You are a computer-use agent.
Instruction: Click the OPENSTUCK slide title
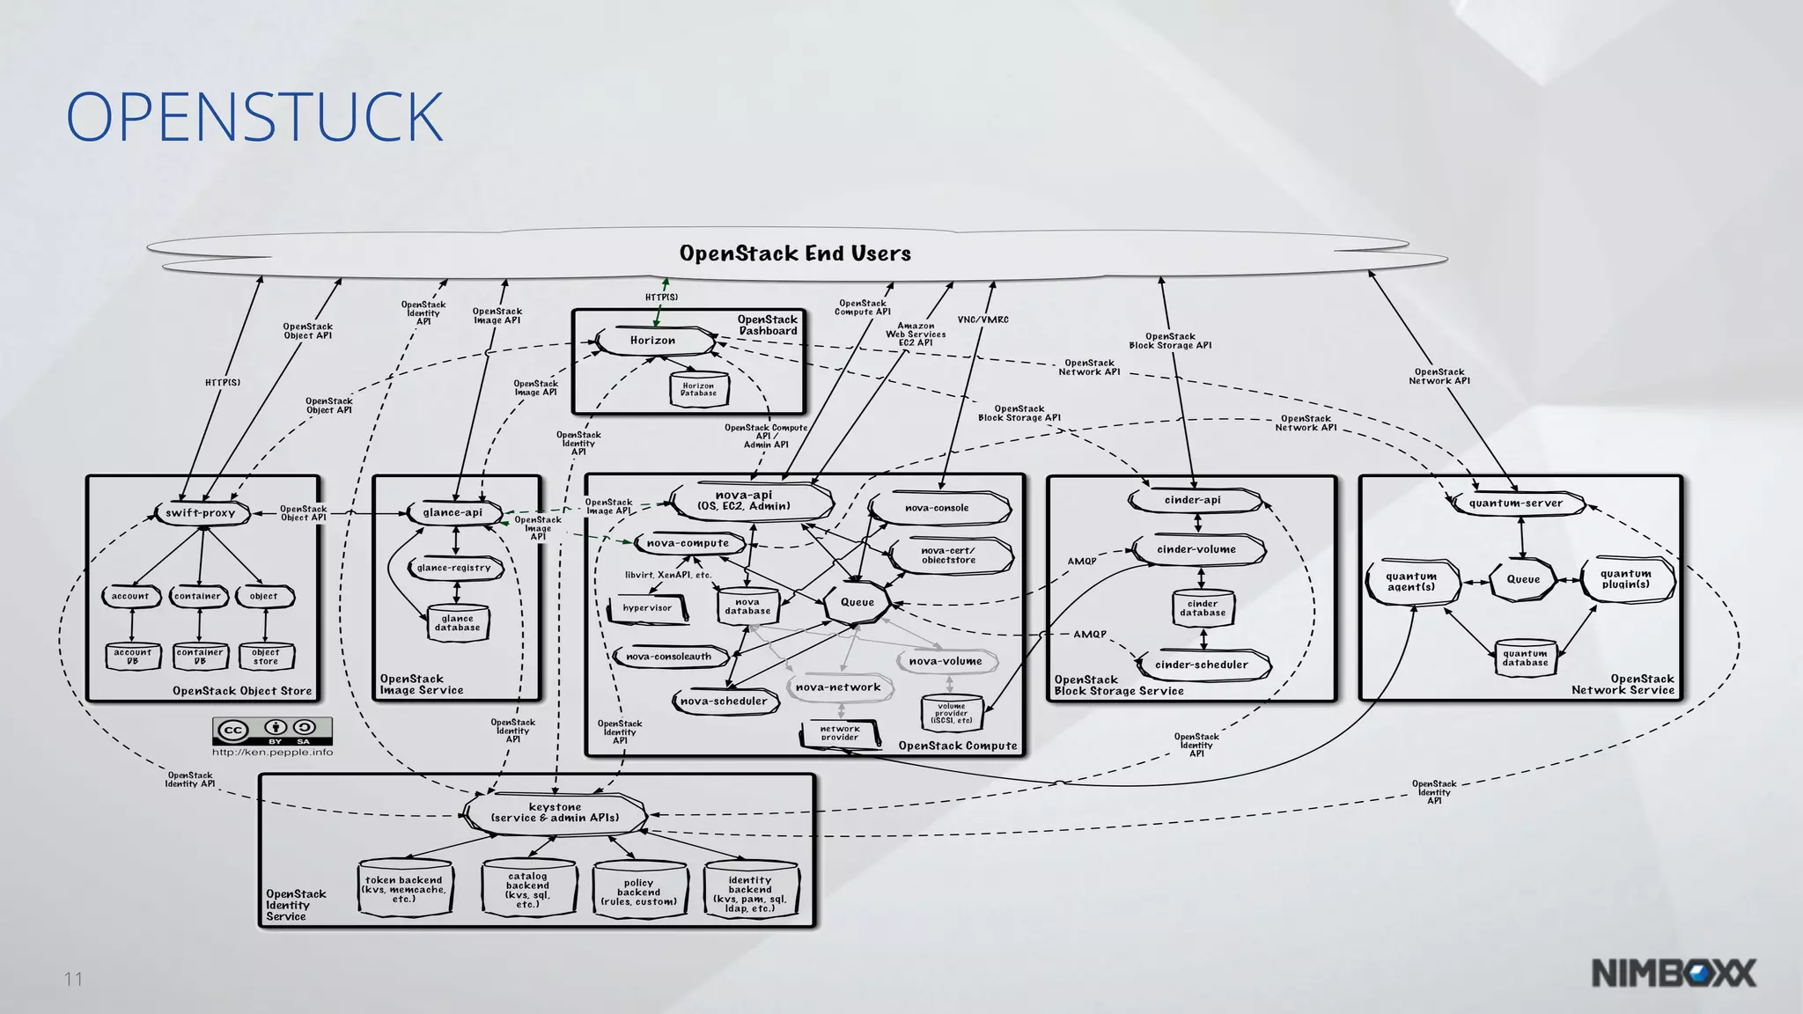pos(254,117)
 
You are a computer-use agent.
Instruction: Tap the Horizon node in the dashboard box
pos(653,341)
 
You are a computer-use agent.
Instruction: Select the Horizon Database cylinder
pos(698,389)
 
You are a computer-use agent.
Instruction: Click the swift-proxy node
pos(201,513)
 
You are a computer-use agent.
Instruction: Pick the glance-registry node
pos(454,568)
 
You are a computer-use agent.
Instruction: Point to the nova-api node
pos(745,501)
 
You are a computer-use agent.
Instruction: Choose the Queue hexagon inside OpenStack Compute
pos(857,602)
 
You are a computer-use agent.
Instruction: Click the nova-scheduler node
pos(724,702)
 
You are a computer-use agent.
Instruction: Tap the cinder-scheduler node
pos(1201,665)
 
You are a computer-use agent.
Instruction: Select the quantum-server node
pos(1515,503)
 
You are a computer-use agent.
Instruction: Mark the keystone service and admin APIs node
pos(555,812)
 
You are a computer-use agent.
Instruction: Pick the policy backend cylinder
pos(638,892)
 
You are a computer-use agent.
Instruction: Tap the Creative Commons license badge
pos(272,731)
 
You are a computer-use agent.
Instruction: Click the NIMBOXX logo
pos(1674,974)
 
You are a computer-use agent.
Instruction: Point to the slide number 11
pos(73,979)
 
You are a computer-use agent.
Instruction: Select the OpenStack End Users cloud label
pos(795,253)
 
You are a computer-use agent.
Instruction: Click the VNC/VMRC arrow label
pos(982,320)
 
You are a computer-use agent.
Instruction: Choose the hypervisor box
pos(647,608)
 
